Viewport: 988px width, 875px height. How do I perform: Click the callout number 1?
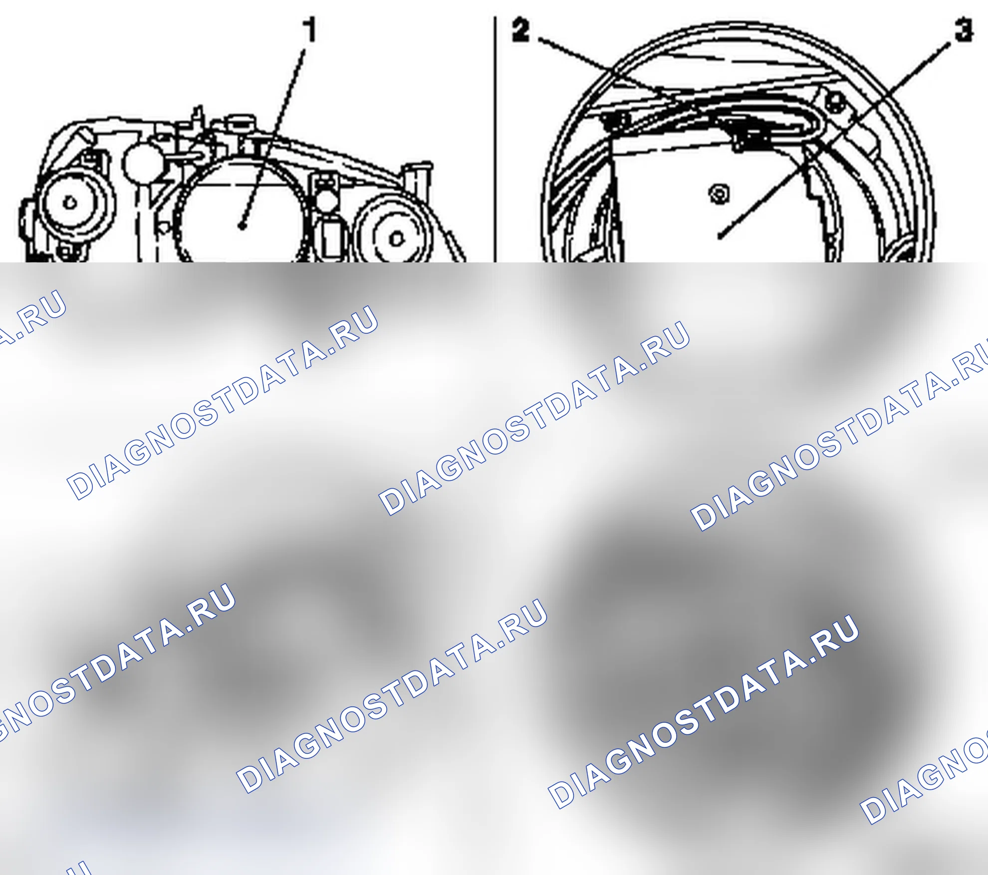310,29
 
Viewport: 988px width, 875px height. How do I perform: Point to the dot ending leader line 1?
242,226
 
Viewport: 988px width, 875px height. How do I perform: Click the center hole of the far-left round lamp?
69,203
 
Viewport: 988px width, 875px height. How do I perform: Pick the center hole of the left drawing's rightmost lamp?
396,239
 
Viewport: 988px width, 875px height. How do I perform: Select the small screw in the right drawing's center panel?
720,193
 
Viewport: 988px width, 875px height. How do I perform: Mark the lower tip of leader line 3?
720,238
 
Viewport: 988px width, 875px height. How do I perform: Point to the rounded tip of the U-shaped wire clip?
818,125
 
